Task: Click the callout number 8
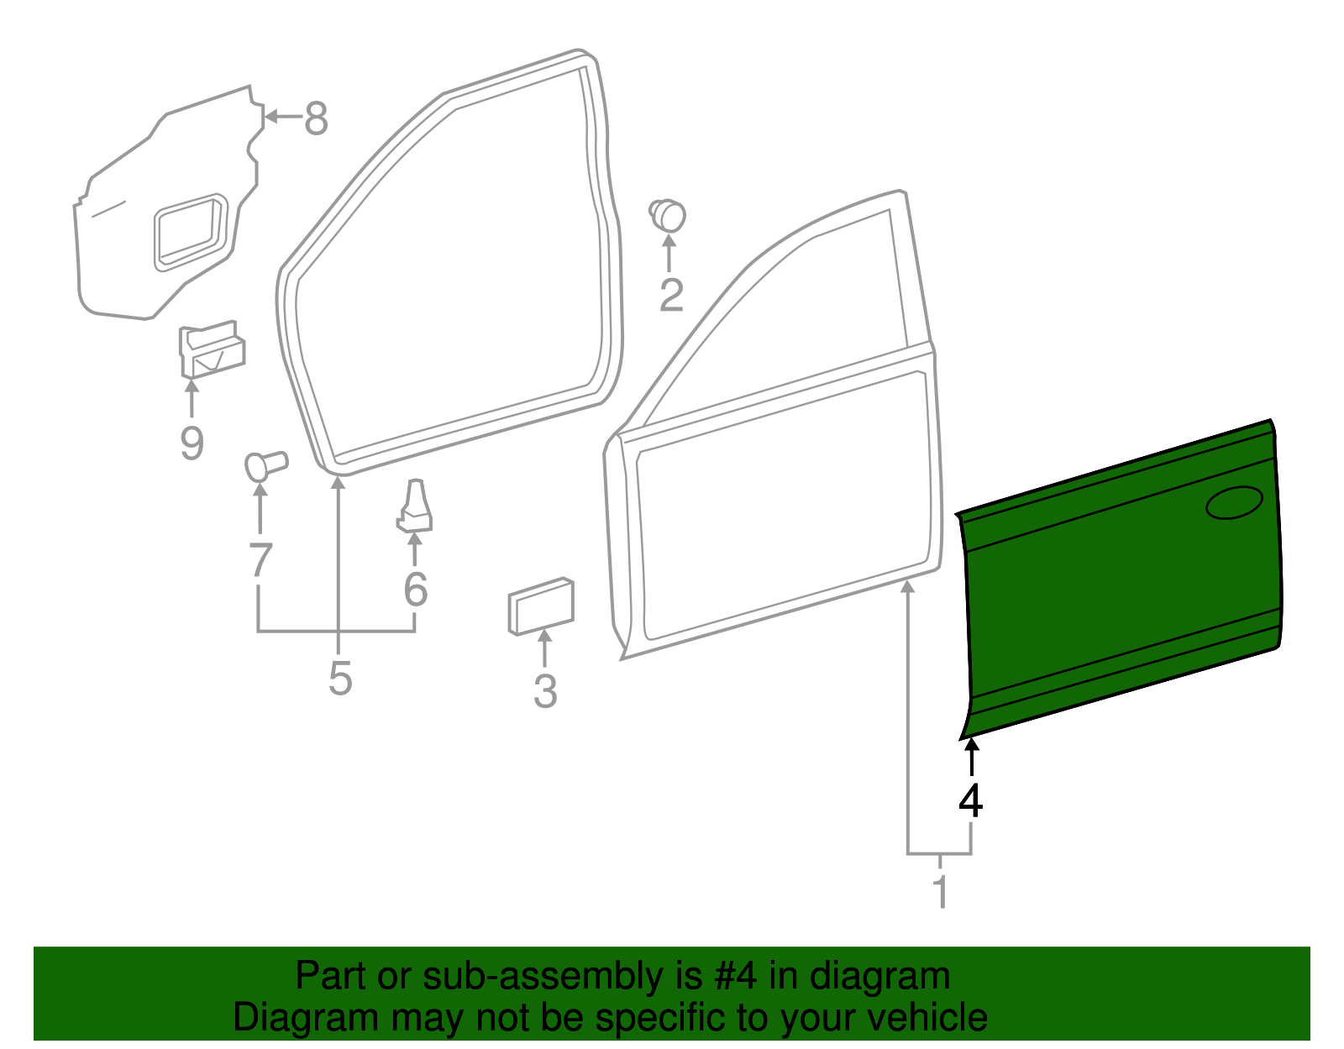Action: click(x=316, y=118)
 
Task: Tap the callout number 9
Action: click(x=192, y=443)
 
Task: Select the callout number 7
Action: click(x=260, y=560)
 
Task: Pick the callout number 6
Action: click(x=415, y=590)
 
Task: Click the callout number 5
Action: click(x=339, y=678)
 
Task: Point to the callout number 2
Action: click(x=671, y=295)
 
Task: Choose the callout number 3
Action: click(x=545, y=691)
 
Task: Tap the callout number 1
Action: click(x=941, y=892)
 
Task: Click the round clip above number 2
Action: click(x=669, y=214)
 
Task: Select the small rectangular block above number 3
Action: click(x=540, y=605)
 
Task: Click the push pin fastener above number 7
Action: click(x=265, y=465)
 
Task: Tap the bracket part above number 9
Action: click(x=211, y=350)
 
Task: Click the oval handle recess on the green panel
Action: click(x=1234, y=502)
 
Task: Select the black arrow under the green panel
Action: click(x=971, y=755)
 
